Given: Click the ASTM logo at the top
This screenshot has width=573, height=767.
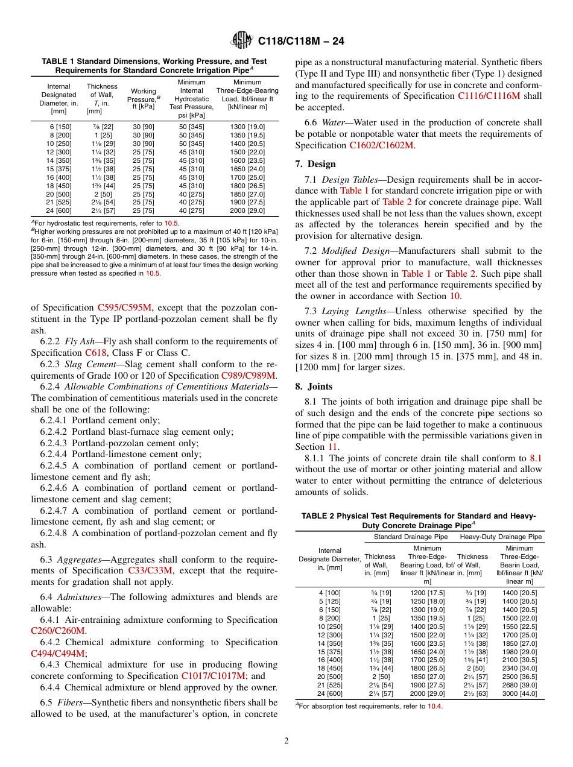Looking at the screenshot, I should (242, 42).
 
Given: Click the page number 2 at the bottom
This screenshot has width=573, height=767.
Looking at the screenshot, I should (286, 740).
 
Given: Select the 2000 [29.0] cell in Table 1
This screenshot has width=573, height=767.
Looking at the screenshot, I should (247, 210).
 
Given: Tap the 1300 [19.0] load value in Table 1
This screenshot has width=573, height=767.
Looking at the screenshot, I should (247, 127).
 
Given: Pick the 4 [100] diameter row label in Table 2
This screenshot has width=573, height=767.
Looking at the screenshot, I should (329, 593).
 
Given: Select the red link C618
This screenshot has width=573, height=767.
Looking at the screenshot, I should (95, 353).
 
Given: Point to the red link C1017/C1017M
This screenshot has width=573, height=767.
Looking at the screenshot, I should (214, 676).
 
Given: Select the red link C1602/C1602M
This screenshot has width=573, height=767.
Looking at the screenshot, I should (381, 145).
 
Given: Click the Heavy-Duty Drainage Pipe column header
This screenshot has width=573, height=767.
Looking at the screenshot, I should (501, 537).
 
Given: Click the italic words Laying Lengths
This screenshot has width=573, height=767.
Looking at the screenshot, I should (347, 311).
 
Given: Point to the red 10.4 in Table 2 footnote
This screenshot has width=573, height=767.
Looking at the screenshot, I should (434, 706).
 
